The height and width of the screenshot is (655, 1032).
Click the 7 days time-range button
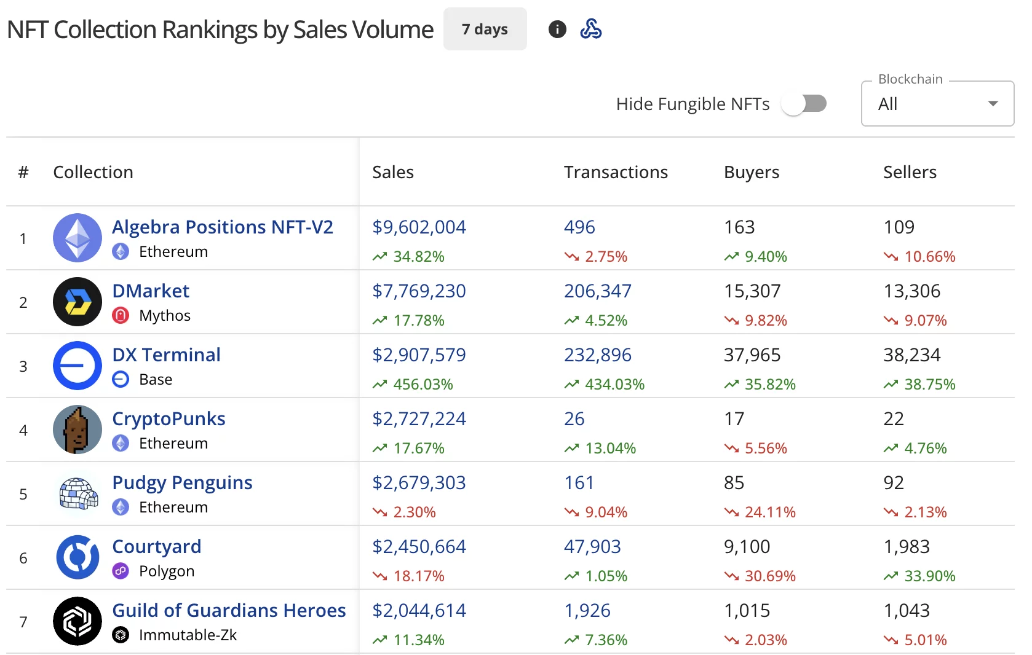[x=485, y=29]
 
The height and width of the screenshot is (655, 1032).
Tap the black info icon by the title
[x=557, y=29]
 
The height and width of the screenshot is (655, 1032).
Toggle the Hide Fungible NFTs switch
[x=804, y=104]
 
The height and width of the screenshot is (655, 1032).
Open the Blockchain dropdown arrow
[x=993, y=104]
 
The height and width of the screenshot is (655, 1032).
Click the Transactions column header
[x=616, y=172]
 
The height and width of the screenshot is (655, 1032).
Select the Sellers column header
[x=910, y=172]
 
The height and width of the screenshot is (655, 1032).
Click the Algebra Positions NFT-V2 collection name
[x=223, y=227]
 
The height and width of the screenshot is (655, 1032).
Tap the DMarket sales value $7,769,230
[x=419, y=291]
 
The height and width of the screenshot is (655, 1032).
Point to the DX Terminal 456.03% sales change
[x=423, y=384]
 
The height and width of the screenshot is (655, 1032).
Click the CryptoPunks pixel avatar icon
[x=77, y=429]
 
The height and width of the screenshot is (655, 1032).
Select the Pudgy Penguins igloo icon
[x=77, y=493]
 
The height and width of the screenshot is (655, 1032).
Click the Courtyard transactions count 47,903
[x=592, y=546]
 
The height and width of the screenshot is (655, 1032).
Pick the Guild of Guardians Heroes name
[x=229, y=610]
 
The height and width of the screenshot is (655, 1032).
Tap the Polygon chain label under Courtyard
[x=167, y=571]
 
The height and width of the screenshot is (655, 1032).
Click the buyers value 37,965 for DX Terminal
[x=752, y=355]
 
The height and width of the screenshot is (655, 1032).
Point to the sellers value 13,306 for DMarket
[x=912, y=291]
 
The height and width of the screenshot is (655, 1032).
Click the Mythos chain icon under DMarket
[x=121, y=315]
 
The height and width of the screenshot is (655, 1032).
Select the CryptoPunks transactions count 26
[x=574, y=418]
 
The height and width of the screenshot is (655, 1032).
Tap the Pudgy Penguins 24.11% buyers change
[x=769, y=512]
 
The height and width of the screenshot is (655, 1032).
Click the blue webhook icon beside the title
[x=591, y=29]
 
